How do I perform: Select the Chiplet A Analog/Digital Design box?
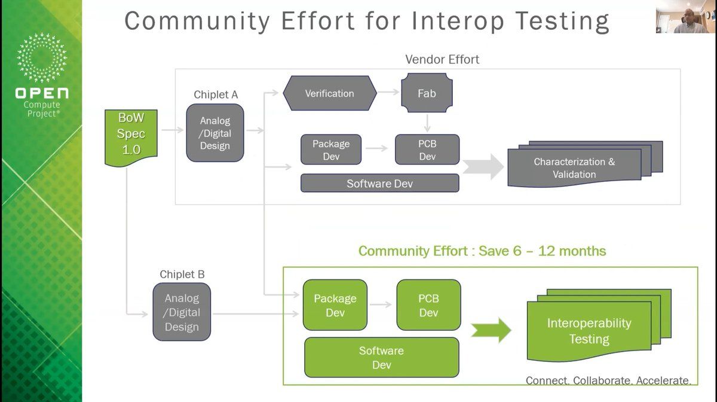pos(215,133)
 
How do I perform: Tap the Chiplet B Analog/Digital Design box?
pos(182,312)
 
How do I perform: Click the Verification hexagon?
pos(329,93)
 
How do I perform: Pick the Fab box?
pos(426,93)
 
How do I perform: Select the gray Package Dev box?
pos(331,150)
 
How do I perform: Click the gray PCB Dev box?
pos(427,150)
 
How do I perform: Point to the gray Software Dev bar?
pos(379,183)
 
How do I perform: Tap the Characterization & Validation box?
pos(574,168)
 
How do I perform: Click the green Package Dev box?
pos(335,305)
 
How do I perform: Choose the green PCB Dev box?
pos(428,305)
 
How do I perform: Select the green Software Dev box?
pos(381,357)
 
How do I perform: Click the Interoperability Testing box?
pos(589,331)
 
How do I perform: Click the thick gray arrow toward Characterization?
pos(483,167)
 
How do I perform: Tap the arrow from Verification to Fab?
pos(388,93)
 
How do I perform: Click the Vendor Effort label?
pos(442,59)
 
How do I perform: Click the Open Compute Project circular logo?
pos(42,59)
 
